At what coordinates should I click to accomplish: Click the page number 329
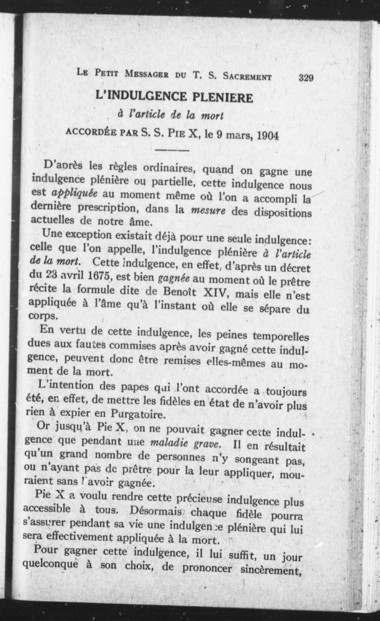coord(306,77)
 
